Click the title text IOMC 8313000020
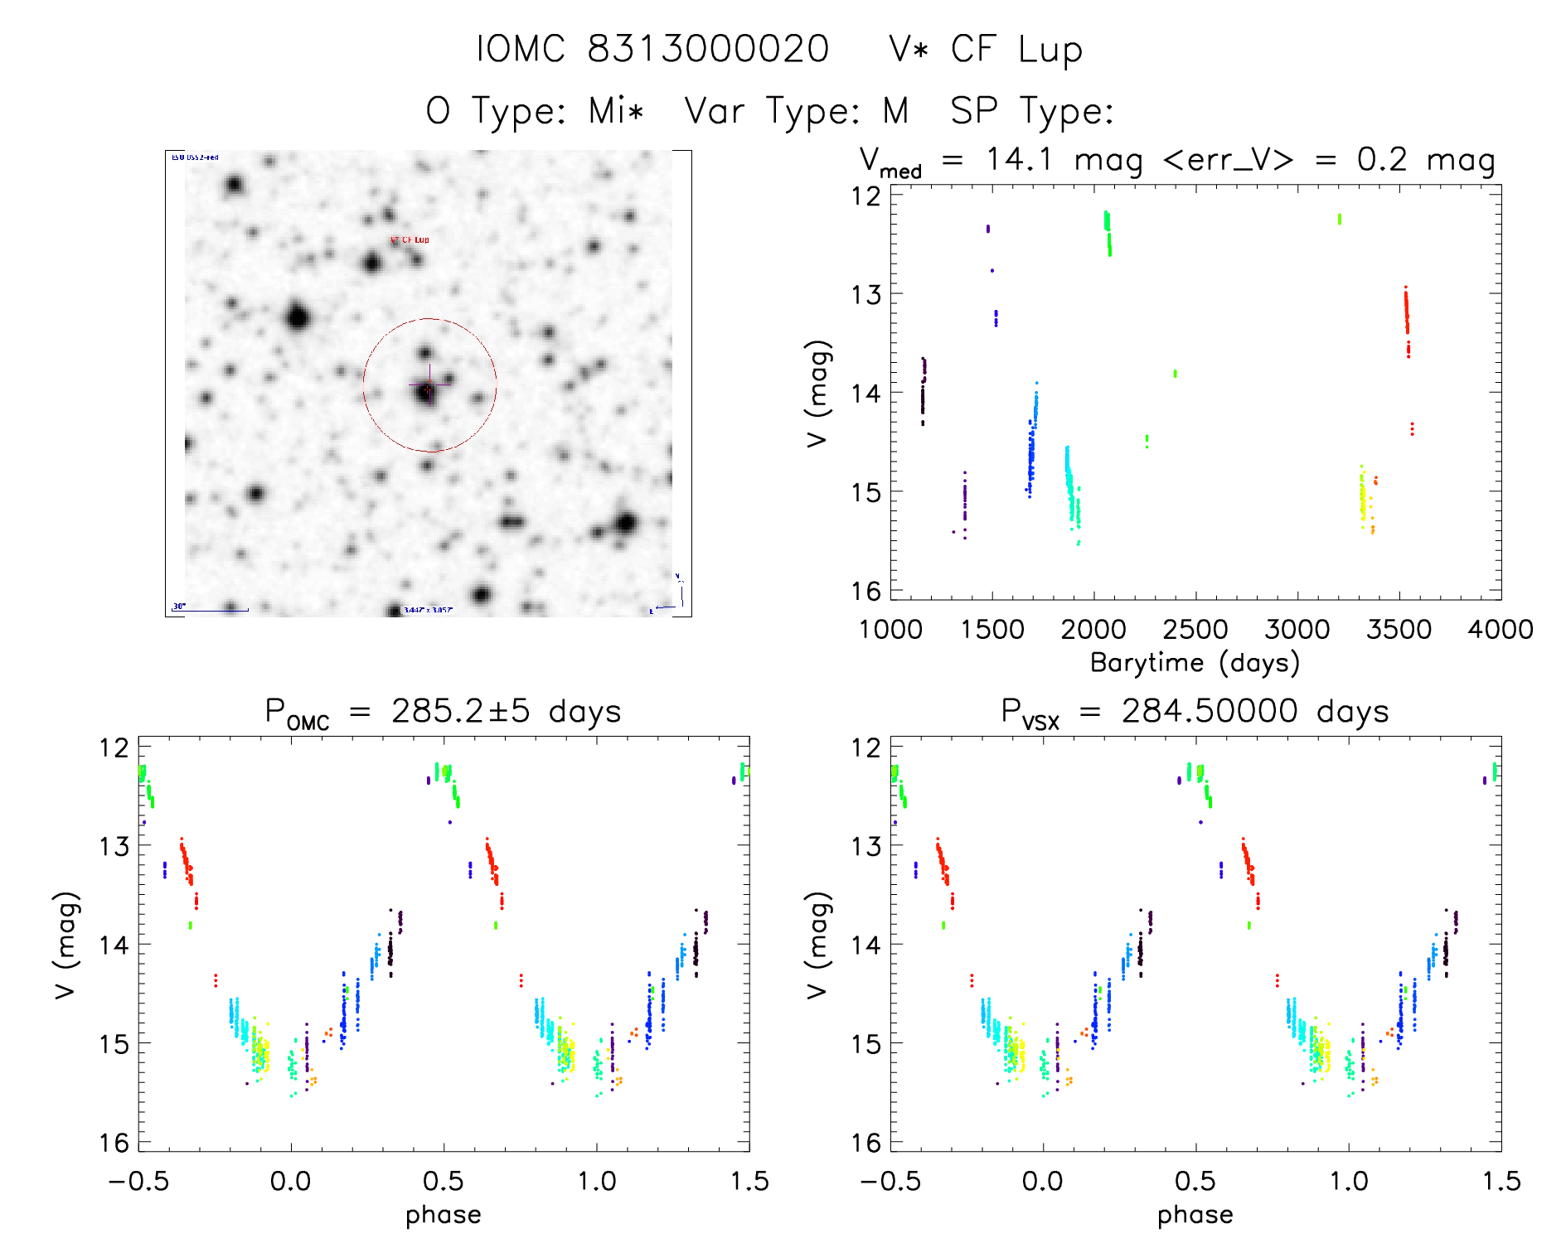pos(652,50)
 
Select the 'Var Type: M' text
pos(796,111)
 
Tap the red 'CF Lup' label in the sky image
pos(410,239)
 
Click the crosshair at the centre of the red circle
pos(429,385)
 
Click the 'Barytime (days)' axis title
pos(1195,663)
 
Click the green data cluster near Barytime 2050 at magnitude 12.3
pos(1108,230)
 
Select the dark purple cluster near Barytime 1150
pos(923,389)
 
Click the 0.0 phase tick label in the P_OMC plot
pos(290,1181)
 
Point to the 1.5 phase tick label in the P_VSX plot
pos(1501,1181)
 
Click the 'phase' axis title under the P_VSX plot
pos(1195,1215)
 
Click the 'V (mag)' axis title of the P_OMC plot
pos(65,945)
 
